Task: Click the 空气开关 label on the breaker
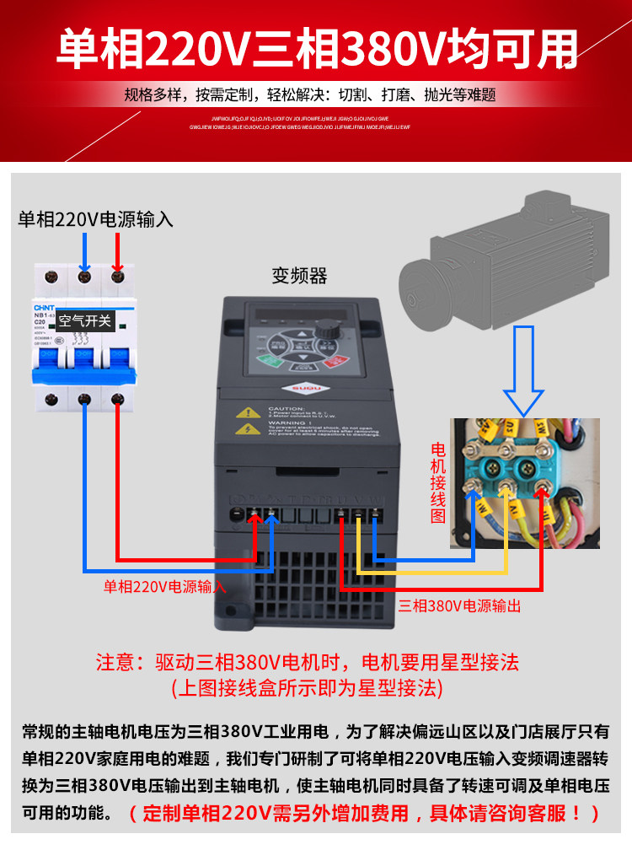[85, 321]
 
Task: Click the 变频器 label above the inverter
[299, 275]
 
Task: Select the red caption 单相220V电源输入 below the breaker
[165, 586]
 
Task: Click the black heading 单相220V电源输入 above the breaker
[96, 220]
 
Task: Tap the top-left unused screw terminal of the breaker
[51, 275]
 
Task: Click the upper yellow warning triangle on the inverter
[248, 413]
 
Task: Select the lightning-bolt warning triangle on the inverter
[248, 429]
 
